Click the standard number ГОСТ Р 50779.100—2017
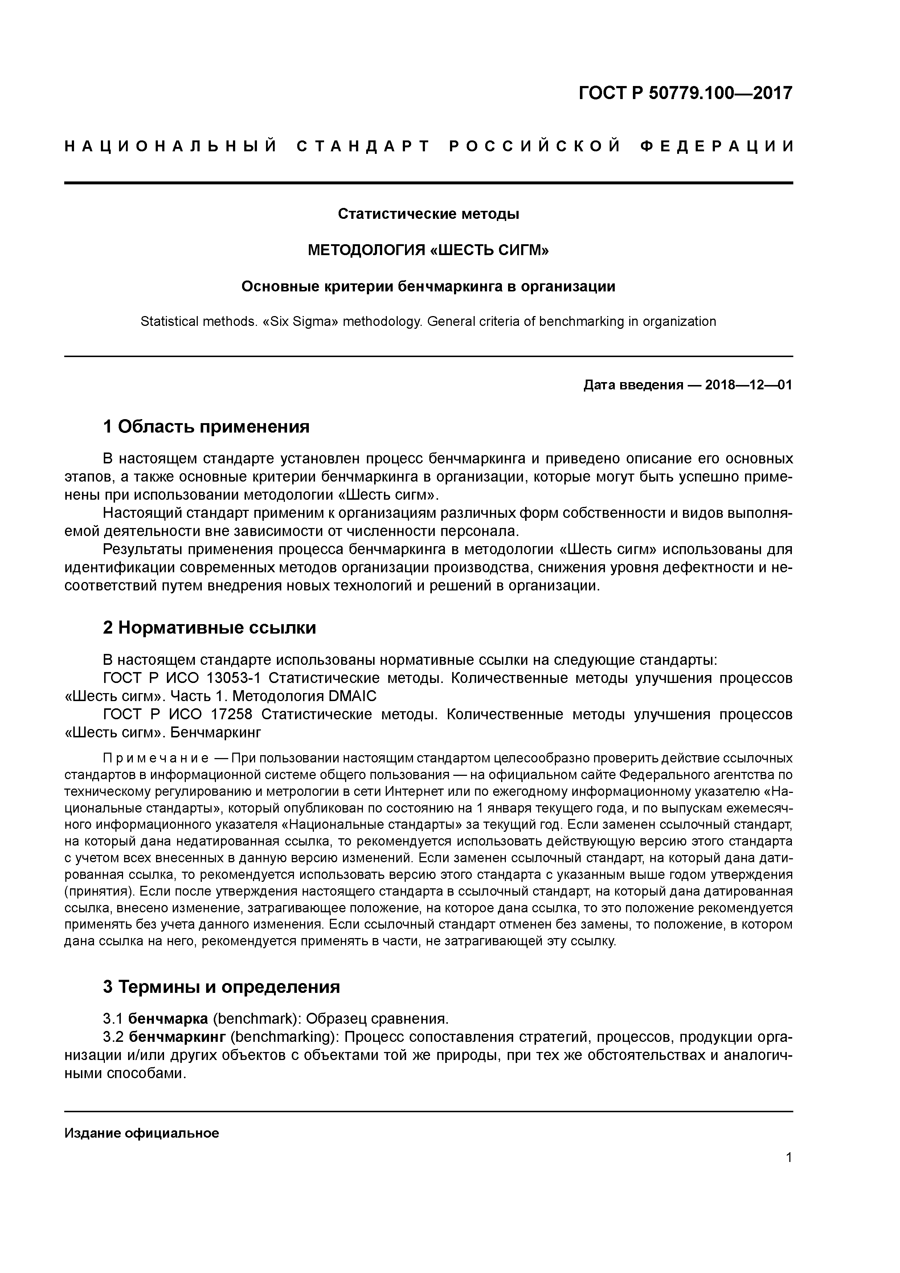(686, 93)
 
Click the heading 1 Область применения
(206, 427)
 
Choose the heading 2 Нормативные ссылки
(210, 628)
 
